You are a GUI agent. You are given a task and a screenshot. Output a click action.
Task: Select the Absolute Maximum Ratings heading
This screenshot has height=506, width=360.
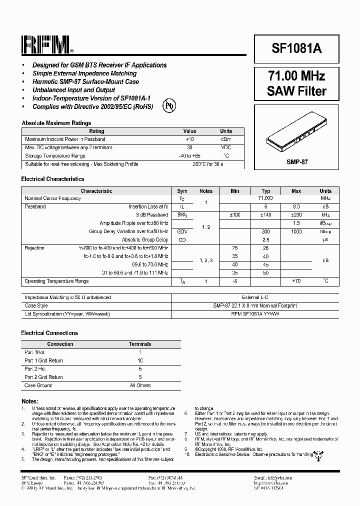[x=56, y=123]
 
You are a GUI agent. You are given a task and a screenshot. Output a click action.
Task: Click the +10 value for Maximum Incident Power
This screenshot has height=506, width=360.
[x=189, y=139]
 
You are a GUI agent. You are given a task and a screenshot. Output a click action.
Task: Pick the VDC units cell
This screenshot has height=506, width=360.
[x=226, y=147]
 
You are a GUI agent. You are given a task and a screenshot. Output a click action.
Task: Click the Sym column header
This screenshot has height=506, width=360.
[x=182, y=191]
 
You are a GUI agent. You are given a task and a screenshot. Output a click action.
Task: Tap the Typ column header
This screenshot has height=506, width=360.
[x=266, y=191]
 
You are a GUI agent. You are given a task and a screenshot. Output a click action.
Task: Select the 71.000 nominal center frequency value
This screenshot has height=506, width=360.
[x=266, y=198]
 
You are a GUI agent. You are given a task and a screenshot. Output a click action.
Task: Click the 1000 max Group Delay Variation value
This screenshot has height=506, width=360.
[x=296, y=231]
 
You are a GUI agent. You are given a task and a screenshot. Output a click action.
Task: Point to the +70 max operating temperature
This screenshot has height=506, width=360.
[x=296, y=281]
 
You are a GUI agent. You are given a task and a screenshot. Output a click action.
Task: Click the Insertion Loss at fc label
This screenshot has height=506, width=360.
[x=148, y=206]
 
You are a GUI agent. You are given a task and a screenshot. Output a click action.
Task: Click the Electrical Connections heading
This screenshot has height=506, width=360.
[x=49, y=333]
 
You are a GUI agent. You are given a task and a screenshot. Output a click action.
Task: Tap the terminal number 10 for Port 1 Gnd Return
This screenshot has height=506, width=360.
[x=140, y=360]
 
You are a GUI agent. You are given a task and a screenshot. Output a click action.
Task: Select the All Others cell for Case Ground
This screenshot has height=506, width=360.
[x=140, y=385]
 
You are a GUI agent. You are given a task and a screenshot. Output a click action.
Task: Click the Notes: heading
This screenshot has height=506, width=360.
[x=29, y=401]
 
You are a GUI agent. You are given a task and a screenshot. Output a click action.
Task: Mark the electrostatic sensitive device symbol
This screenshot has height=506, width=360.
[x=317, y=454]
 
